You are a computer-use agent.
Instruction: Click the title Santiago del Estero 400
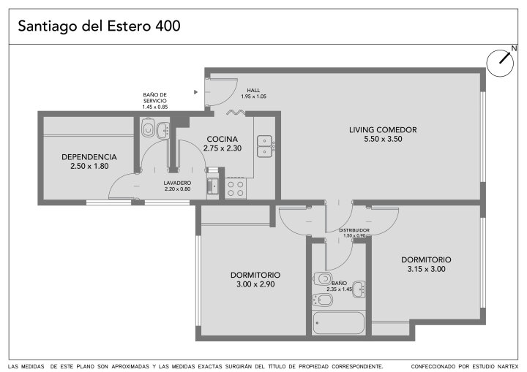(x=99, y=26)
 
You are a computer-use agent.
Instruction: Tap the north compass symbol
(x=501, y=63)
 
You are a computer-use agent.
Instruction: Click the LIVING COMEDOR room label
(x=383, y=130)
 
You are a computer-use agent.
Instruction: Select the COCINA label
(x=223, y=139)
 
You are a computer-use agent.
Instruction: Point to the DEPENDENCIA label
(x=89, y=157)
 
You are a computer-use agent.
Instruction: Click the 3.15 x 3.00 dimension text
(x=426, y=269)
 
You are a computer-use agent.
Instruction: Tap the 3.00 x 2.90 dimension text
(x=255, y=284)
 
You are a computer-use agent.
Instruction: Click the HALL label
(x=253, y=91)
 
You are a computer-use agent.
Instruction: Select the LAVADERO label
(x=177, y=183)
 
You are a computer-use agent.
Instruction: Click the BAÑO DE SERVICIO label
(x=154, y=98)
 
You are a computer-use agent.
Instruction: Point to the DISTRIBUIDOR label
(x=354, y=230)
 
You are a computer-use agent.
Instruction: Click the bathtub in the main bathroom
(x=338, y=322)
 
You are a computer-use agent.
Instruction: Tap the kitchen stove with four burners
(x=235, y=189)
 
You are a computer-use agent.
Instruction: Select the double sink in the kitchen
(x=265, y=146)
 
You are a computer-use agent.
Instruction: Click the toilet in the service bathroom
(x=148, y=127)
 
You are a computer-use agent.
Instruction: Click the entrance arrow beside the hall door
(x=195, y=92)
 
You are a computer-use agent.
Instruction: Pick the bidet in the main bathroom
(x=322, y=300)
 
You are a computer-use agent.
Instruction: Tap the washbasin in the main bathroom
(x=359, y=289)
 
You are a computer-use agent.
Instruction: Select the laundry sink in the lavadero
(x=213, y=186)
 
